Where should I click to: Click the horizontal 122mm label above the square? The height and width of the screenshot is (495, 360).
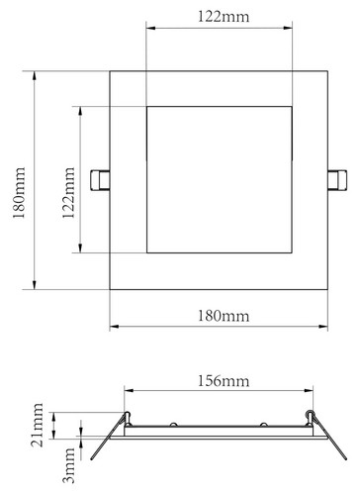pos(224,17)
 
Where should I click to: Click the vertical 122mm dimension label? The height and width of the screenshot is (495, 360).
pos(69,193)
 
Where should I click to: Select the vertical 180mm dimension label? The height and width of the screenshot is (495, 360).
pos(19,193)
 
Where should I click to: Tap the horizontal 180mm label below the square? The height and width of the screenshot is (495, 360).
pos(224,316)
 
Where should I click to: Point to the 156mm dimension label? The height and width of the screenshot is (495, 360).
pos(224,381)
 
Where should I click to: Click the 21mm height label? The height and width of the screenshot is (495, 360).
pos(37,425)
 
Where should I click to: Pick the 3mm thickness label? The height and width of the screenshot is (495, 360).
pos(69,465)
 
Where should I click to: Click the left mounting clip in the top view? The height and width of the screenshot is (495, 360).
pos(100,180)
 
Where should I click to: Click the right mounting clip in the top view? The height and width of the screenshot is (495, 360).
pos(337,180)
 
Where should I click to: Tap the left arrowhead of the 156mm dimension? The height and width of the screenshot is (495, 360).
pos(129,391)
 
